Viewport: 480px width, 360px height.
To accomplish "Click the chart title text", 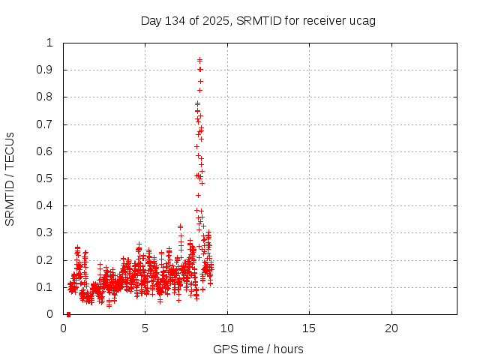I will coord(258,20).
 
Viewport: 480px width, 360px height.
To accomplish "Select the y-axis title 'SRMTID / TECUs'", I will coord(10,178).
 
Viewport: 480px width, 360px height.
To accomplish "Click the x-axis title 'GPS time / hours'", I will coord(258,349).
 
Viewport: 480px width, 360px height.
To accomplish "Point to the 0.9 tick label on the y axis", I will coord(47,70).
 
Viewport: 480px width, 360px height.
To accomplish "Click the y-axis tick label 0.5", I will coord(47,178).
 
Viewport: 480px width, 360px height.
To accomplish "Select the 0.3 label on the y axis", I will coord(47,233).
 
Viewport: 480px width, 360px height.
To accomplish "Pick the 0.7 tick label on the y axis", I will coord(47,124).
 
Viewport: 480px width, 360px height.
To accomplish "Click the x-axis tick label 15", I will coord(309,328).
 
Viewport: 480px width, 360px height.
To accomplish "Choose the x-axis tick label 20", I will coord(391,328).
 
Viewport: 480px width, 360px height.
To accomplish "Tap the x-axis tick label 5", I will coord(145,328).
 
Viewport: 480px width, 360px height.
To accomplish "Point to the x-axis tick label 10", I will coord(227,328).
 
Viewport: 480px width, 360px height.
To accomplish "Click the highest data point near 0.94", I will coord(199,59).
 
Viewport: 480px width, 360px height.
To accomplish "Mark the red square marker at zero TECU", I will coord(68,314).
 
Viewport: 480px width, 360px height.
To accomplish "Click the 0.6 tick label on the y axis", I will coord(47,151).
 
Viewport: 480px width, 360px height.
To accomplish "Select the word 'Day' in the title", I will coord(151,20).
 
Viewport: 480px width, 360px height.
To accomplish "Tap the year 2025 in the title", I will coord(215,20).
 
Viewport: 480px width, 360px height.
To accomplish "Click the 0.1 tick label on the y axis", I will coord(47,287).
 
